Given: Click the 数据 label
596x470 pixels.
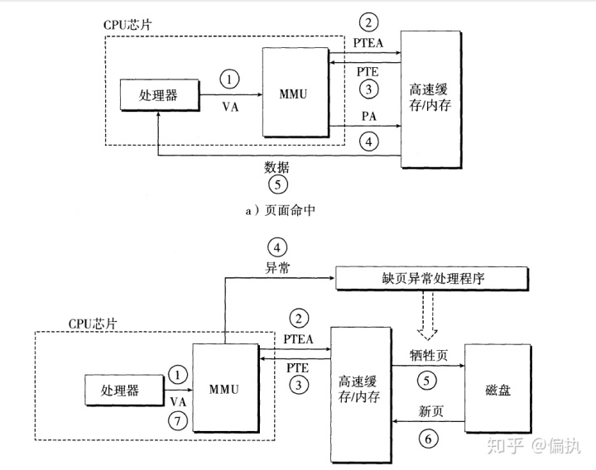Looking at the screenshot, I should click(276, 166).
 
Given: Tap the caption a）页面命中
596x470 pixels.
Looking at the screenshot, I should click(280, 210).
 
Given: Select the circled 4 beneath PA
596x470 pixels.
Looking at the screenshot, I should click(369, 141).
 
